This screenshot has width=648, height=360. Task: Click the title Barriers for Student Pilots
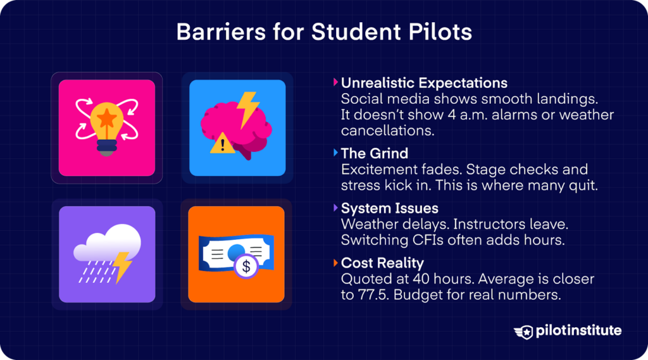[324, 32]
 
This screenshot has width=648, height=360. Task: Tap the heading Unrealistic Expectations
[424, 83]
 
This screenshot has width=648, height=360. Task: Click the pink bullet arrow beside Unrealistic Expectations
[335, 83]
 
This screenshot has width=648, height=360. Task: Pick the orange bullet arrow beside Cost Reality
[335, 263]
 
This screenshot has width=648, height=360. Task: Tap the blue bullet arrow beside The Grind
[335, 153]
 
